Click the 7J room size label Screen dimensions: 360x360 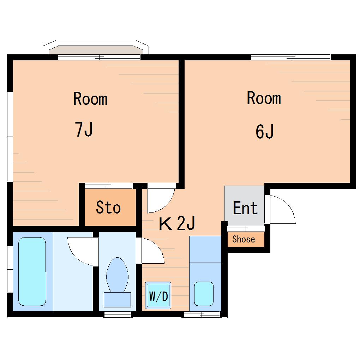(x=84, y=129)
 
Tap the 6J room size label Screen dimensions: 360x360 (x=264, y=131)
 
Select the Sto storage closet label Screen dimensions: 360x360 (x=108, y=207)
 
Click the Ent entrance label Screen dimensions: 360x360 (x=245, y=208)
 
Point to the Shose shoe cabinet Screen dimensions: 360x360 (x=246, y=239)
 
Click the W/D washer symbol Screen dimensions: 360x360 (x=158, y=295)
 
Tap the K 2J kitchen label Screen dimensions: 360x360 (x=177, y=223)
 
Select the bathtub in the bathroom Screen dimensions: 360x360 (x=32, y=272)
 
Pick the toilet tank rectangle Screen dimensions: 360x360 (x=117, y=300)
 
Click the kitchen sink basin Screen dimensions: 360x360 (x=204, y=294)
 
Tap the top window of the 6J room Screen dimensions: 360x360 (x=291, y=57)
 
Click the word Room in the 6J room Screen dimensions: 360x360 (x=264, y=98)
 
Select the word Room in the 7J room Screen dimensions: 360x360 (x=90, y=99)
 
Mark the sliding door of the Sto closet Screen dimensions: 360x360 (x=109, y=186)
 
